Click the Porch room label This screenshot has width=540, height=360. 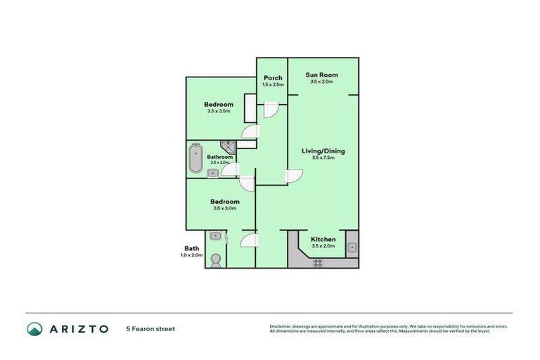272,78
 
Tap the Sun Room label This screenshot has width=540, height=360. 321,75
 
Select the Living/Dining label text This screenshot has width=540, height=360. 323,150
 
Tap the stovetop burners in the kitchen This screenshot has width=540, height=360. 317,263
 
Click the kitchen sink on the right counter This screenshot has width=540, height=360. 352,247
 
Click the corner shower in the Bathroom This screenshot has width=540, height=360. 229,146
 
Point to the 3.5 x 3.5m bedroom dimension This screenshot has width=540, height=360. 219,111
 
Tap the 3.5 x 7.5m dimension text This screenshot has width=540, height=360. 323,157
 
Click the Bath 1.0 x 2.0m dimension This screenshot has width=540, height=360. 192,255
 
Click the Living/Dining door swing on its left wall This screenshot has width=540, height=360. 292,176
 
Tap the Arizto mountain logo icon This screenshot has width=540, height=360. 34,328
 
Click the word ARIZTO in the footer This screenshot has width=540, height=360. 78,328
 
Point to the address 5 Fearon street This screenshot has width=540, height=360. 150,328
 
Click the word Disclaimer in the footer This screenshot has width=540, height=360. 281,326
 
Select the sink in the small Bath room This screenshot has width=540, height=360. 216,236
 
